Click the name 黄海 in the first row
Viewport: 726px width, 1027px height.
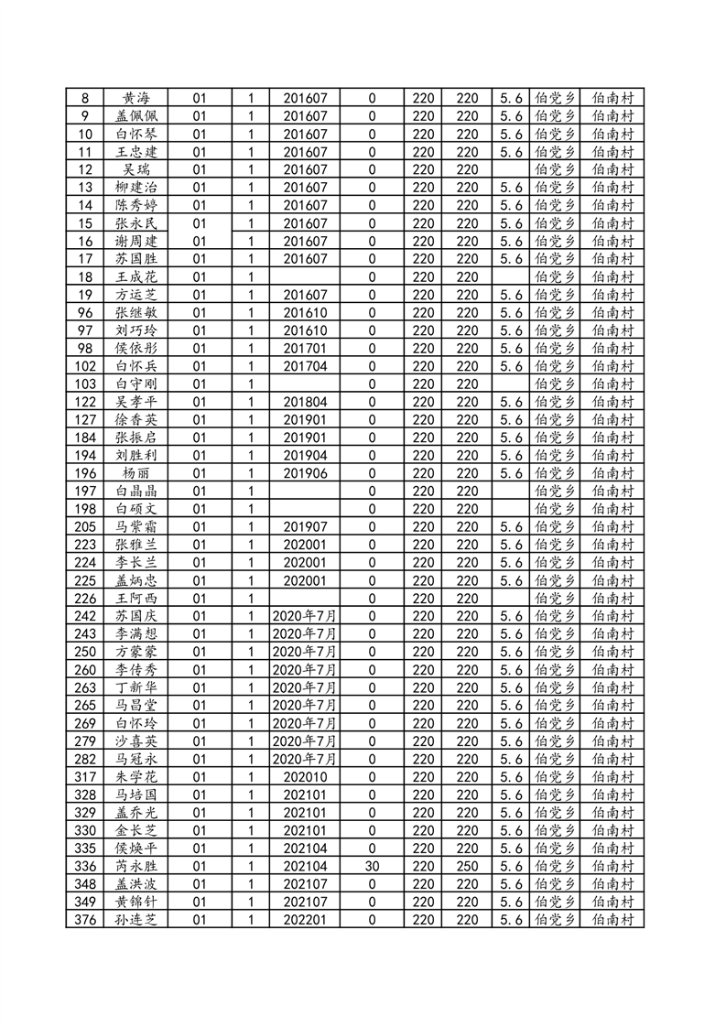pyautogui.click(x=135, y=98)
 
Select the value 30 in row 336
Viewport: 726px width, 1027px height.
pyautogui.click(x=372, y=866)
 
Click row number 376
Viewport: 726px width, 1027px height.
pyautogui.click(x=85, y=919)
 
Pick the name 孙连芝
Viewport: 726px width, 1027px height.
pyautogui.click(x=135, y=919)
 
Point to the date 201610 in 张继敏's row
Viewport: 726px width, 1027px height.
pyautogui.click(x=305, y=312)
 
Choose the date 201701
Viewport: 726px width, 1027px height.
pyautogui.click(x=305, y=348)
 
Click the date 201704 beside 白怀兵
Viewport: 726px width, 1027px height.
pyautogui.click(x=305, y=366)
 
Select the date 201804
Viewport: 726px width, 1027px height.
pyautogui.click(x=305, y=402)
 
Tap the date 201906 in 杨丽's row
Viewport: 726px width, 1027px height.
pyautogui.click(x=305, y=473)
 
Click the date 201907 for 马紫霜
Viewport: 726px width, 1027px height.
pyautogui.click(x=305, y=526)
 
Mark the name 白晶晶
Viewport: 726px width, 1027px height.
pyautogui.click(x=135, y=491)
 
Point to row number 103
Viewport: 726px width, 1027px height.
pyautogui.click(x=85, y=384)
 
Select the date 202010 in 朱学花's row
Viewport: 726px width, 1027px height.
pyautogui.click(x=305, y=776)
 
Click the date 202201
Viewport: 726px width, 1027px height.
pyautogui.click(x=305, y=919)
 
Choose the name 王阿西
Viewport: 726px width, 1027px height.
pyautogui.click(x=135, y=598)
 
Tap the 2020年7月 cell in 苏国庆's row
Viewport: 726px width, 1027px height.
pyautogui.click(x=305, y=616)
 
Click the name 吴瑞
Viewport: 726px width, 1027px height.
pyautogui.click(x=135, y=169)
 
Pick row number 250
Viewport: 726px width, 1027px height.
pyautogui.click(x=85, y=652)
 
